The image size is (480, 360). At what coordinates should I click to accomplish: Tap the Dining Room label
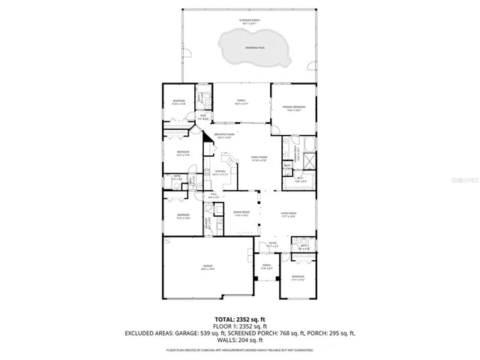click(241, 214)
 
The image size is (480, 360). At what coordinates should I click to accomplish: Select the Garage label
click(208, 266)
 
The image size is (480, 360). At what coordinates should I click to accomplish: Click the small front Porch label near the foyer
click(266, 266)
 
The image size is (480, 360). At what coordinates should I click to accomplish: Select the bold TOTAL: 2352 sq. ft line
click(239, 319)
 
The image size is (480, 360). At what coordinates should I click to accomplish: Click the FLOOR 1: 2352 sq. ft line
click(239, 325)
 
